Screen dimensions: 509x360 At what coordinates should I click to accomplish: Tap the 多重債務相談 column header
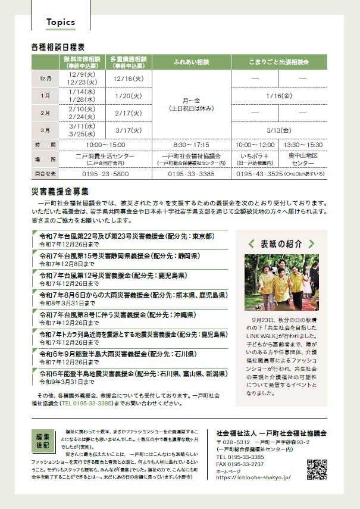(129, 62)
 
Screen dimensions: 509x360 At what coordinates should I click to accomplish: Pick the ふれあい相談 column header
(191, 62)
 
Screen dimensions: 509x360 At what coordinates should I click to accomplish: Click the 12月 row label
(45, 79)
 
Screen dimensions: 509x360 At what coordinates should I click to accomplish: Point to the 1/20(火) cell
(129, 96)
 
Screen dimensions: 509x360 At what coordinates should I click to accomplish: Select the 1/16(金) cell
(278, 96)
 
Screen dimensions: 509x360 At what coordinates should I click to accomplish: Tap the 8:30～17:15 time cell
(191, 145)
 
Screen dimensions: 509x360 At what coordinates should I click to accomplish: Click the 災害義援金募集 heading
(61, 191)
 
